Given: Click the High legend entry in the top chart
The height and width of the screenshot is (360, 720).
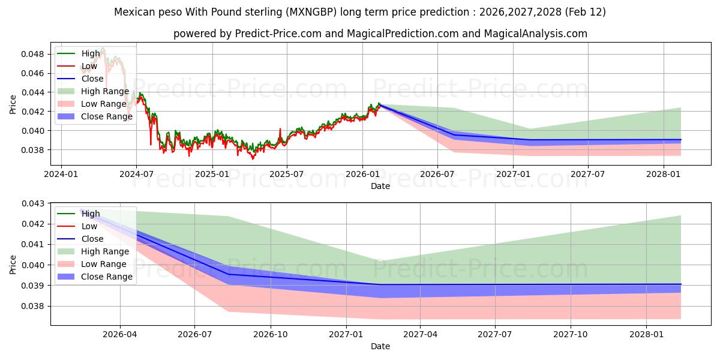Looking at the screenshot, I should tap(91, 53).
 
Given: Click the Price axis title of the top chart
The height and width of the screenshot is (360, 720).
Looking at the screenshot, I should tap(13, 104).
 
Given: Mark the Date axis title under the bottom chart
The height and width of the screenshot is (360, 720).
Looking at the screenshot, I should tap(380, 346).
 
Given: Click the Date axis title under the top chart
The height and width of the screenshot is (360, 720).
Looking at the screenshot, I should tap(380, 186).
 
